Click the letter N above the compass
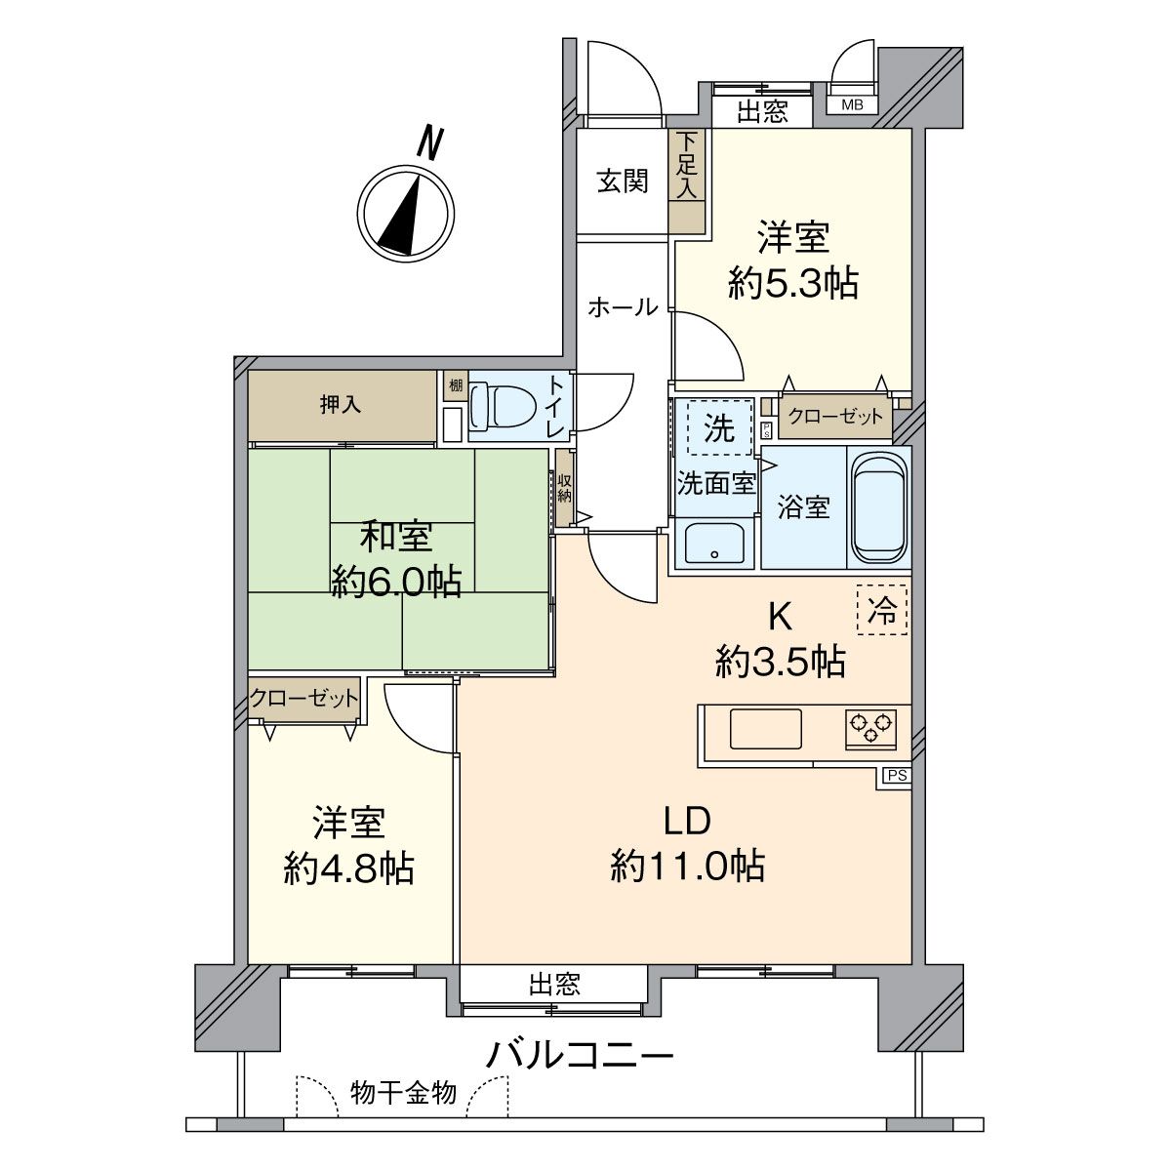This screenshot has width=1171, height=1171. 429,142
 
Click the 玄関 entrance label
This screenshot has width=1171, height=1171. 623,182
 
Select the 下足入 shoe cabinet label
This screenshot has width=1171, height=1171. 687,164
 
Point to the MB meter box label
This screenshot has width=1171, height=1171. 852,104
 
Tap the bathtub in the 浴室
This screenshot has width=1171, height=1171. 878,508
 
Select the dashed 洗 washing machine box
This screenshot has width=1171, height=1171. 720,427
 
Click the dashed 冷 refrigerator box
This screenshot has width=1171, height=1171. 882,610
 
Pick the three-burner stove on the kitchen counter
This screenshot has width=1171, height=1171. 869,727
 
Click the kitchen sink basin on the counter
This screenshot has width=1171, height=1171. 766,728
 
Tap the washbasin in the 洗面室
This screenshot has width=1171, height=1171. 714,544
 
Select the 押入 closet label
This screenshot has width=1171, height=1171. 341,405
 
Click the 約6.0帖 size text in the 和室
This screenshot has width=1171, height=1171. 396,582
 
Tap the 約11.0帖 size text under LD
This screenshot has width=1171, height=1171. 687,866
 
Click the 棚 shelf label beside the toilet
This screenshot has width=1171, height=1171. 455,384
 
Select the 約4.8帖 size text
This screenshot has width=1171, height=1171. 349,868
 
